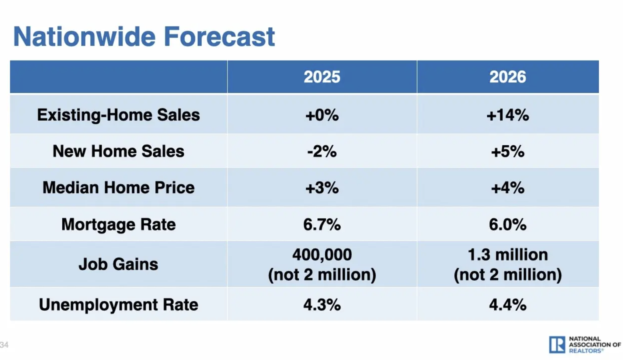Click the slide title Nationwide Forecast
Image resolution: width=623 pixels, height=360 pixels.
pyautogui.click(x=144, y=37)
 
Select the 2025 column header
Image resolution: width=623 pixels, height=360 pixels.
pyautogui.click(x=322, y=77)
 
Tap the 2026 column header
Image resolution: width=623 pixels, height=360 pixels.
pyautogui.click(x=507, y=77)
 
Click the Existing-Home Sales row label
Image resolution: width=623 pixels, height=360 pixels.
pyautogui.click(x=118, y=115)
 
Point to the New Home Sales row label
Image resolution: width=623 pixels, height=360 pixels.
pyautogui.click(x=118, y=151)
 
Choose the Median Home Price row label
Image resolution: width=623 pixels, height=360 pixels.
pyautogui.click(x=118, y=187)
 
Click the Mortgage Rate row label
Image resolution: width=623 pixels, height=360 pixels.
pyautogui.click(x=118, y=224)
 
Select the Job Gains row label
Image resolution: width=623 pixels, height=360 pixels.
pyautogui.click(x=118, y=264)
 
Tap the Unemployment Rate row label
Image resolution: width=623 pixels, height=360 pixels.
pyautogui.click(x=118, y=304)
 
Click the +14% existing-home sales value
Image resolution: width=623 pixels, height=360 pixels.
pyautogui.click(x=507, y=115)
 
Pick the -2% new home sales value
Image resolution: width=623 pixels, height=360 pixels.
pyautogui.click(x=322, y=151)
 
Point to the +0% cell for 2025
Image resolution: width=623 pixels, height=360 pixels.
pyautogui.click(x=322, y=115)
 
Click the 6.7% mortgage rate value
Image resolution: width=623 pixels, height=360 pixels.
pyautogui.click(x=322, y=225)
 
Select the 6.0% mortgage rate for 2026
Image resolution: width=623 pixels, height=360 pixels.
pyautogui.click(x=507, y=225)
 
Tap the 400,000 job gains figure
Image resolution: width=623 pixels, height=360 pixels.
pyautogui.click(x=322, y=254)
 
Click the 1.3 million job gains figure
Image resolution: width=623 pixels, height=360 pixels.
pyautogui.click(x=507, y=254)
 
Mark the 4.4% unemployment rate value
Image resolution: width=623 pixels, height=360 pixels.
pyautogui.click(x=507, y=304)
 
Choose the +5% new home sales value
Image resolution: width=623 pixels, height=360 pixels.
pyautogui.click(x=507, y=151)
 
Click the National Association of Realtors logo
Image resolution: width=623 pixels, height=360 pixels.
pyautogui.click(x=584, y=344)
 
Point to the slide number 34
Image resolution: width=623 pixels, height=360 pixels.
pyautogui.click(x=4, y=345)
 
